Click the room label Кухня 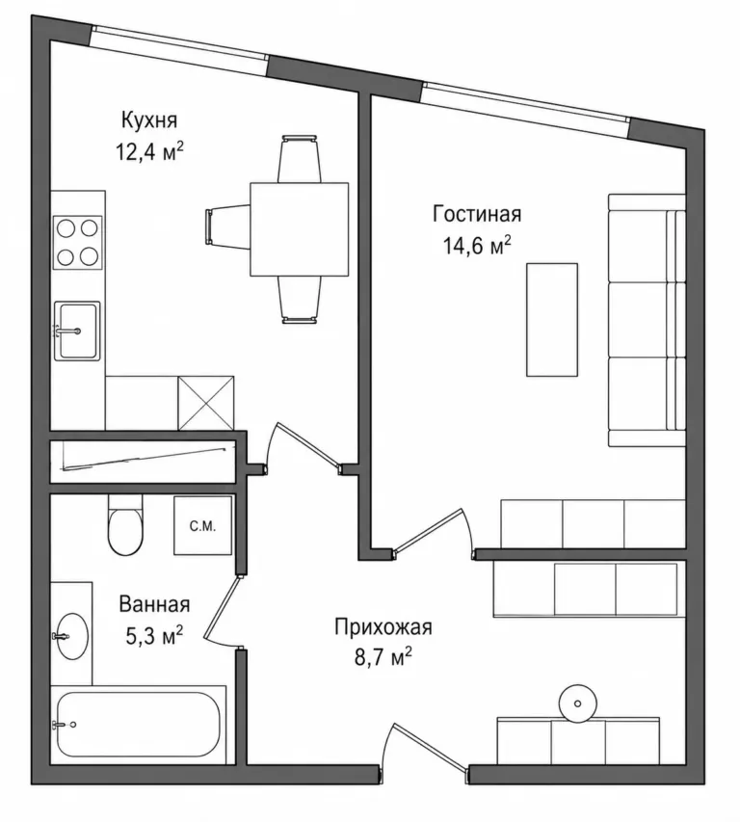tap(149, 120)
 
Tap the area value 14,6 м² tap(477, 245)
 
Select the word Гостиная tap(477, 214)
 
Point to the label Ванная tap(154, 604)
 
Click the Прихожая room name tap(383, 627)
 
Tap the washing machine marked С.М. tap(202, 525)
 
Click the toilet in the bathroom tap(125, 525)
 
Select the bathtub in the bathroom tap(138, 724)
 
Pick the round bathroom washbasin tap(72, 636)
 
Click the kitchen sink tap(77, 331)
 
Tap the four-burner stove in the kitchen tap(77, 242)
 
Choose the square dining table tap(300, 229)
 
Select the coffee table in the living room tap(552, 320)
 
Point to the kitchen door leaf tap(307, 443)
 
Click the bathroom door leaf tap(223, 607)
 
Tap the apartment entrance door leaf tap(430, 747)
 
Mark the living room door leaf tap(427, 530)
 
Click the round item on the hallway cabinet tap(578, 703)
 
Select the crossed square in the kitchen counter tap(206, 403)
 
